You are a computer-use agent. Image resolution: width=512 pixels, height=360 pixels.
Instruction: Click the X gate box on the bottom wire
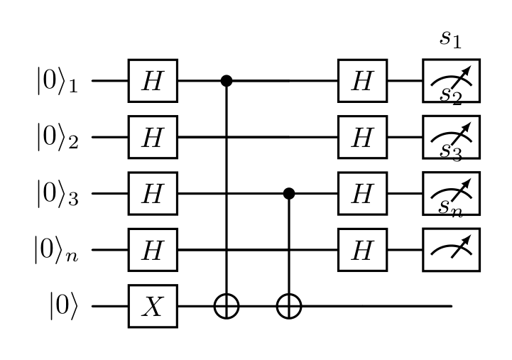(x=153, y=306)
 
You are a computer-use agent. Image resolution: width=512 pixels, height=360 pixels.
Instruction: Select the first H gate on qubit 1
(x=153, y=81)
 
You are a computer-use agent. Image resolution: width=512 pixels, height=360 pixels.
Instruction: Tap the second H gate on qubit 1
(x=362, y=81)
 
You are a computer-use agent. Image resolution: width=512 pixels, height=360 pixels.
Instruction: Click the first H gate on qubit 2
(x=153, y=137)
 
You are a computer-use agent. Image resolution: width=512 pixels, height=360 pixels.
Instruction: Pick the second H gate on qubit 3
(x=362, y=194)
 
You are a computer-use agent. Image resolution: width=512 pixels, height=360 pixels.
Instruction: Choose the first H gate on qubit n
(x=153, y=250)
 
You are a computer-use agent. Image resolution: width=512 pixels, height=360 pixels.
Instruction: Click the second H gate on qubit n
(x=362, y=250)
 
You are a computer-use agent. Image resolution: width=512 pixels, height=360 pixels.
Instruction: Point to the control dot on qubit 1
(x=227, y=81)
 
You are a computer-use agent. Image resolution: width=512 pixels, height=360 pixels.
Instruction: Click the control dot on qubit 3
(x=289, y=194)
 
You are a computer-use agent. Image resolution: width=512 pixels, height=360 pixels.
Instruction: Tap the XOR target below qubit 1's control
(x=227, y=306)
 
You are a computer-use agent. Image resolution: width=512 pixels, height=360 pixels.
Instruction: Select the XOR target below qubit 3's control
(x=289, y=306)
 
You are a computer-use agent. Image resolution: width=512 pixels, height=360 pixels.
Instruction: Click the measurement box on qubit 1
(x=451, y=81)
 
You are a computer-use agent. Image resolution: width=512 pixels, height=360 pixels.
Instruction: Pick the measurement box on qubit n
(x=451, y=250)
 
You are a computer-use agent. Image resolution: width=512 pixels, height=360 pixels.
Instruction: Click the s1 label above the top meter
(x=451, y=40)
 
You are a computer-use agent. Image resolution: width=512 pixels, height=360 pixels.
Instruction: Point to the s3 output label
(x=451, y=152)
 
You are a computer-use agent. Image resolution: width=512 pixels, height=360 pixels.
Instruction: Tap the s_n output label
(x=451, y=208)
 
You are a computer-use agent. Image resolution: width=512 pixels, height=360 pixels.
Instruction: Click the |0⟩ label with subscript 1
(x=58, y=81)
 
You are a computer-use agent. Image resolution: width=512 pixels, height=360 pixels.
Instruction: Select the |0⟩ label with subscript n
(x=57, y=250)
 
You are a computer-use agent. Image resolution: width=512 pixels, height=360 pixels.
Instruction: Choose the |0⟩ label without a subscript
(x=64, y=306)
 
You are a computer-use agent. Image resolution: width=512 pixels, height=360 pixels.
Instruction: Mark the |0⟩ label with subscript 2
(x=58, y=137)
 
